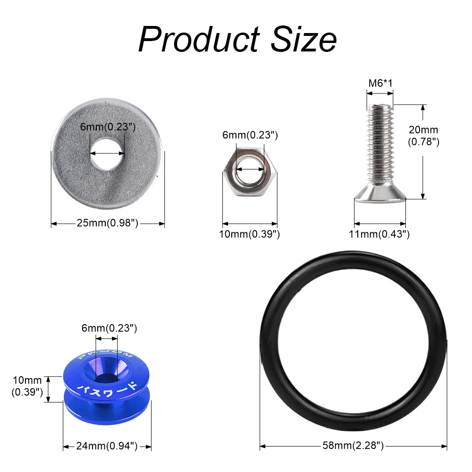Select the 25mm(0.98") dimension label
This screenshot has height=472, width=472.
tap(108, 223)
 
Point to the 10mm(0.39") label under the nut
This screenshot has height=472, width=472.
tap(250, 234)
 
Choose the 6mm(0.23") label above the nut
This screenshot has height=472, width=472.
tap(250, 135)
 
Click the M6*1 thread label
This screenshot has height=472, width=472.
tap(380, 84)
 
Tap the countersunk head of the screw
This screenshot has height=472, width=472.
tap(380, 194)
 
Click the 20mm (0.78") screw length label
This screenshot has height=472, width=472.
tap(423, 135)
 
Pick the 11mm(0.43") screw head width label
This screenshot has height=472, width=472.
tap(379, 234)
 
